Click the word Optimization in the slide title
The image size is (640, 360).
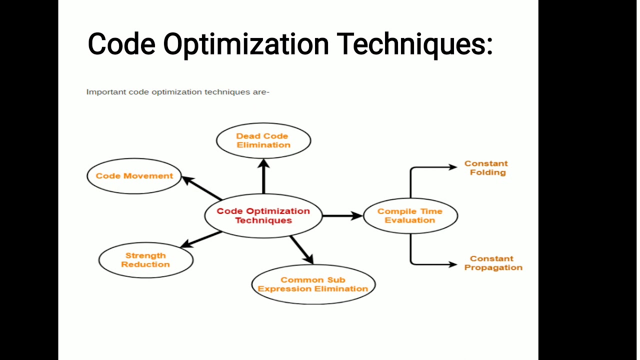point(246,44)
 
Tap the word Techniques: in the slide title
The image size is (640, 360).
point(415,44)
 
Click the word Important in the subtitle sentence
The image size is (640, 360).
point(106,92)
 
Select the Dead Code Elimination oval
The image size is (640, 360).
point(263,140)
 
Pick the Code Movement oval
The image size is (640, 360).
point(134,176)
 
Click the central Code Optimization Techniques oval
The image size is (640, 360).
point(263,215)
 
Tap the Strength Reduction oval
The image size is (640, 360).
point(145,260)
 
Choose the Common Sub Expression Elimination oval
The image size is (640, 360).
point(313,284)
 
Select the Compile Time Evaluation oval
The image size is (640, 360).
point(410,215)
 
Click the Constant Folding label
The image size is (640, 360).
point(486,168)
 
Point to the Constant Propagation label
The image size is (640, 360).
point(493,263)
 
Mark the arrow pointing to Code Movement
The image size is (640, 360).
point(201,188)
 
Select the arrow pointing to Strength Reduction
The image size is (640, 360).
point(201,239)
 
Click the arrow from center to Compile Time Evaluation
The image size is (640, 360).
point(342,215)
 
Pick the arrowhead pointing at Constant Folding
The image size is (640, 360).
point(452,167)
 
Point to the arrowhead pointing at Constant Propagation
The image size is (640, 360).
point(452,263)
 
